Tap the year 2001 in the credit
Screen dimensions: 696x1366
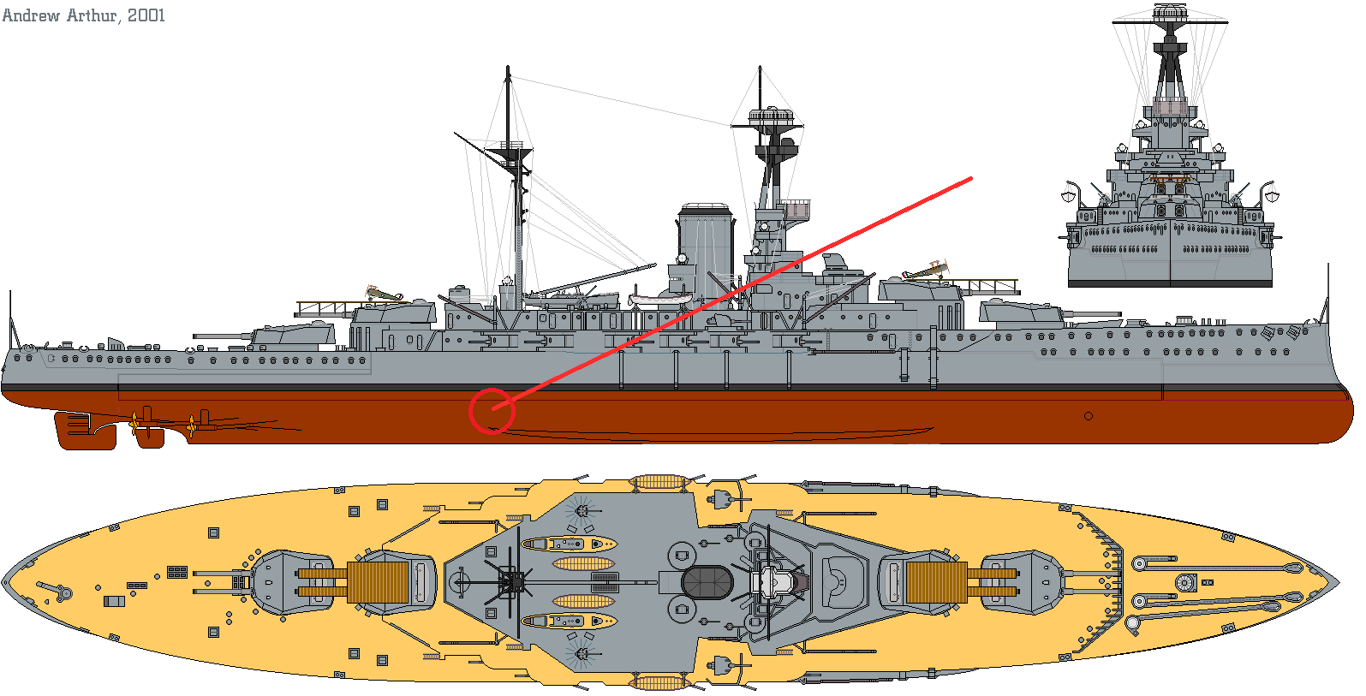pos(146,15)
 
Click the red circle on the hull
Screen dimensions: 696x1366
pos(492,411)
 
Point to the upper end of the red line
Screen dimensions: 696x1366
pos(971,179)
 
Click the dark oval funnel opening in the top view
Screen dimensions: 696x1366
pos(707,583)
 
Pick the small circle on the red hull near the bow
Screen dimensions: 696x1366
pos(1088,416)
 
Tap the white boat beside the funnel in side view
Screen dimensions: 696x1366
pos(660,299)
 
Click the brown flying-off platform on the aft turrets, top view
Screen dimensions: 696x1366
pos(378,582)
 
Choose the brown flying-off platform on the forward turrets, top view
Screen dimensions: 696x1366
pos(936,582)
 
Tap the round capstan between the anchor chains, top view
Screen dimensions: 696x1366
pos(1185,583)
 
